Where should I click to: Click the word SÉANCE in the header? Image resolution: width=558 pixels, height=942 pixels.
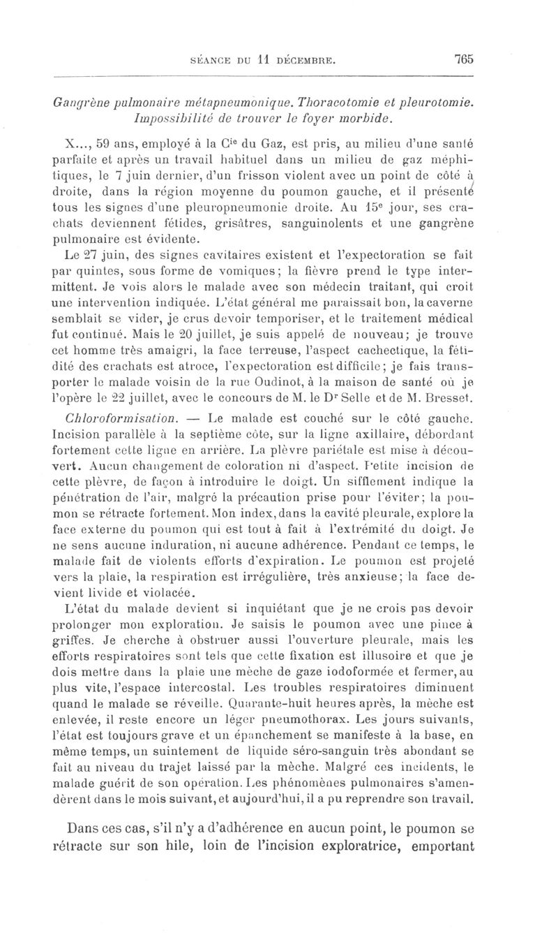(x=211, y=61)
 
